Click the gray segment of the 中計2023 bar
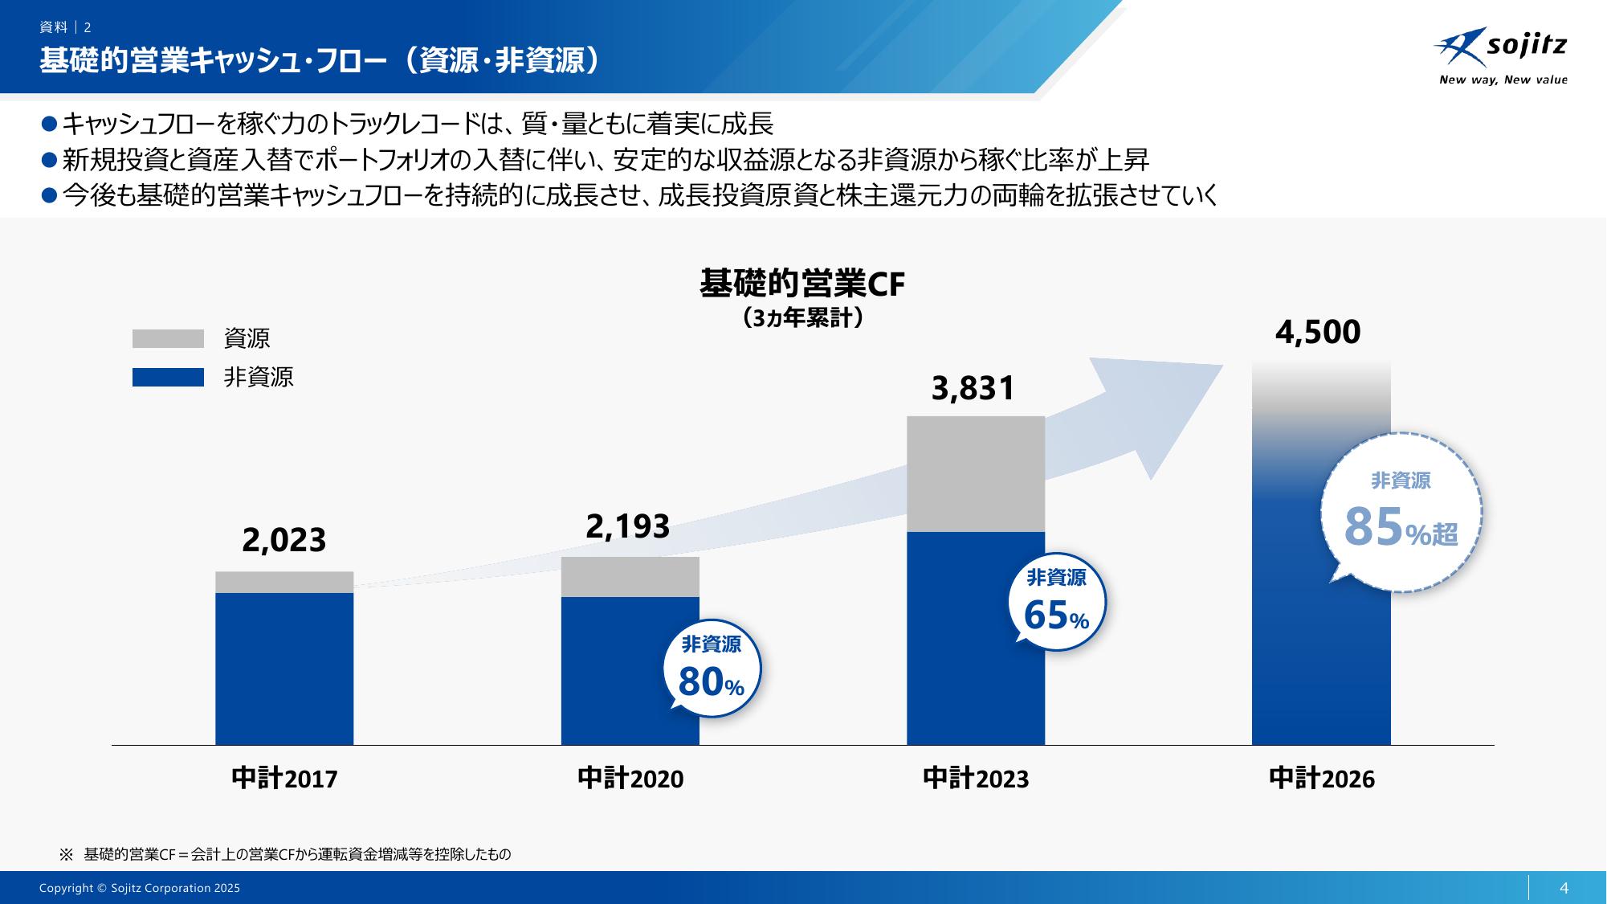coord(976,473)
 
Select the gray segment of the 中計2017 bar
coord(284,582)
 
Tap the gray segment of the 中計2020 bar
coord(630,576)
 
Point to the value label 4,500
coord(1318,332)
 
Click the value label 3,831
coord(973,388)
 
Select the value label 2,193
coord(628,526)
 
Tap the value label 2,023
coord(284,540)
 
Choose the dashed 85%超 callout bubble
coord(1401,512)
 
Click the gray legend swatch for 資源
coord(168,338)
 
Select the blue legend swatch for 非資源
coord(168,377)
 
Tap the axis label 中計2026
coord(1322,778)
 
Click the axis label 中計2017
coord(284,778)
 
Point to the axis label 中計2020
coord(630,778)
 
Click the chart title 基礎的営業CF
coord(802,284)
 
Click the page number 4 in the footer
coord(1564,888)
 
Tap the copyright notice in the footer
coord(140,888)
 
